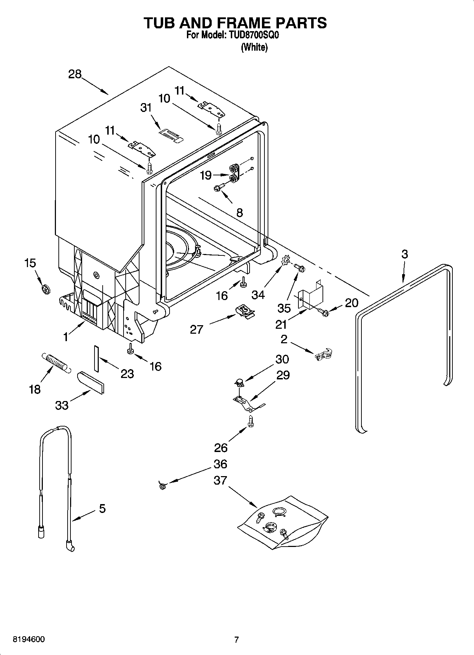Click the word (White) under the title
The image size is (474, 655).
(x=254, y=47)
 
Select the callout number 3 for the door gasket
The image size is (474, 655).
(x=404, y=254)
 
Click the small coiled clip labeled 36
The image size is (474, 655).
(x=162, y=486)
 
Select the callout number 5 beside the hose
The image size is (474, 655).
(x=102, y=509)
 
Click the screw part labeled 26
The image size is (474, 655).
(x=251, y=422)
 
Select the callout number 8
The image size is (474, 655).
(x=239, y=213)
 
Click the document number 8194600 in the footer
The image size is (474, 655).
(x=29, y=639)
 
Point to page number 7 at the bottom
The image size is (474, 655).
(x=236, y=639)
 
